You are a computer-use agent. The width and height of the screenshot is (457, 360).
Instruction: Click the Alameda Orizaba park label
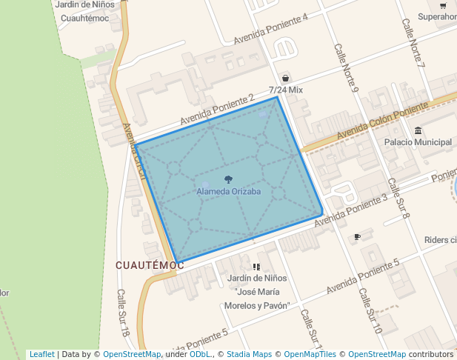point(229,192)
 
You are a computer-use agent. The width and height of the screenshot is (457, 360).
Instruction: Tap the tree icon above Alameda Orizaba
point(228,180)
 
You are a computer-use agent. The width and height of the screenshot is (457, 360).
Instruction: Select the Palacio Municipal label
point(418,142)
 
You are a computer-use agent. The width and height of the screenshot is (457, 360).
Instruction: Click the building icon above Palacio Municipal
point(418,131)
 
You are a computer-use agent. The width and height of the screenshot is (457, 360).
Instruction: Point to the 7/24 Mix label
point(286,90)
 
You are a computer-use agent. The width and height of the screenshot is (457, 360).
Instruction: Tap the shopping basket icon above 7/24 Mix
point(286,78)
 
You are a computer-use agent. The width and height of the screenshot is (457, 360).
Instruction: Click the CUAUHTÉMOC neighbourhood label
point(150,264)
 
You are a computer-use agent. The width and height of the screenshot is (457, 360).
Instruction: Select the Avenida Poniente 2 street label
point(217,110)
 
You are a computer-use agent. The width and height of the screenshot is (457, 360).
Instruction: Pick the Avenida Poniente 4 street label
point(270,29)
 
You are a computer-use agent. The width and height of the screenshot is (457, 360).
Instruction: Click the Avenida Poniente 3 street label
point(351,210)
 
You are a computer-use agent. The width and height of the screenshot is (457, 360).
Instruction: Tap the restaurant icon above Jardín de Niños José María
point(256,267)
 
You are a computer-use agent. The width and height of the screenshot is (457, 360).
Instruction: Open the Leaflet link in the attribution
point(41,354)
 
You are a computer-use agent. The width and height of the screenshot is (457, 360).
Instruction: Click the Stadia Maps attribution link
point(249,354)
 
